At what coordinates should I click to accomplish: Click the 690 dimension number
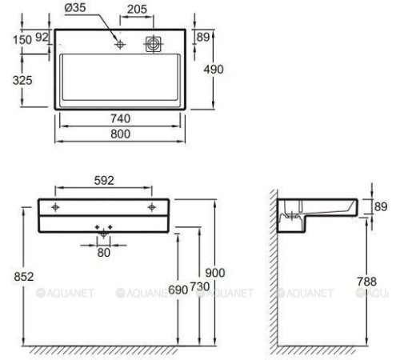pyautogui.click(x=178, y=289)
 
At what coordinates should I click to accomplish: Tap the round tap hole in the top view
pyautogui.click(x=119, y=45)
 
